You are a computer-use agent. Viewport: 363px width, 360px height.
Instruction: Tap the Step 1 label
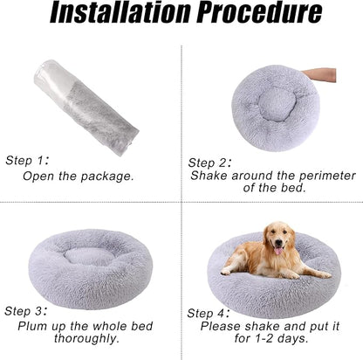click(x=27, y=160)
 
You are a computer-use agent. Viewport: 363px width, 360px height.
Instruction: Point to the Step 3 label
click(x=27, y=311)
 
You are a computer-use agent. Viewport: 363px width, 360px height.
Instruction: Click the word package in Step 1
click(x=107, y=176)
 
